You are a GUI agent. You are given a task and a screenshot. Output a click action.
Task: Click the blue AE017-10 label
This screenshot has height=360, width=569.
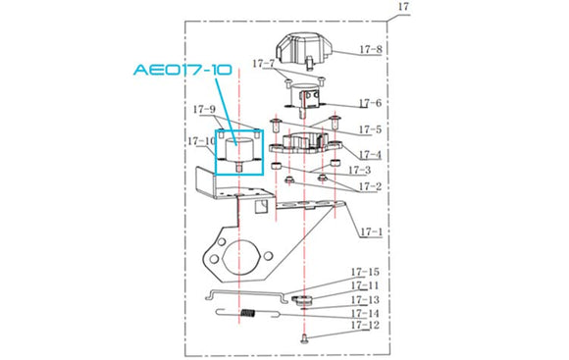point(182,70)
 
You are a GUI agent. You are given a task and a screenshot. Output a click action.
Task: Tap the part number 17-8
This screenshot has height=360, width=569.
point(371,49)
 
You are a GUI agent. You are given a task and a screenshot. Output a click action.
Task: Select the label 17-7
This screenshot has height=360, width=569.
point(264,64)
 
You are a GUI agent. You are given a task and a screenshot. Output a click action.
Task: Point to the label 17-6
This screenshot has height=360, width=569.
point(370,103)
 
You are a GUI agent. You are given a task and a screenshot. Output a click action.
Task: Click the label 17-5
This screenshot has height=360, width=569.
point(370,129)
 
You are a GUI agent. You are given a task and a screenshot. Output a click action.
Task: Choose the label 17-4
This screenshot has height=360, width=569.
point(370,155)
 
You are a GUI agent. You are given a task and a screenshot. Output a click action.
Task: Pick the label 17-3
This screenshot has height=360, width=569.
point(360,170)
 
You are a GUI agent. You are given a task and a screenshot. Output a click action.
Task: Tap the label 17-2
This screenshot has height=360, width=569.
point(370,186)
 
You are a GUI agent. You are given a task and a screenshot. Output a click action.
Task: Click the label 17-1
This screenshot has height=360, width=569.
point(372,231)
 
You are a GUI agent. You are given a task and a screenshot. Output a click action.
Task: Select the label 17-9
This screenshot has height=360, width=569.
point(204,109)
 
